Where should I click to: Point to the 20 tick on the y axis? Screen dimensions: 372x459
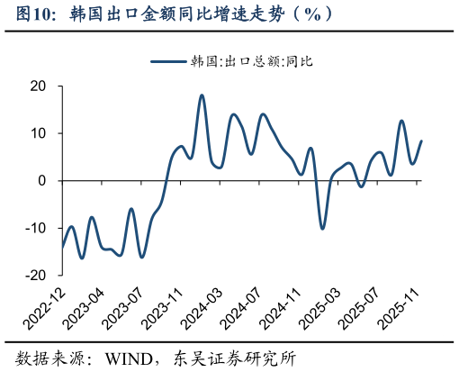click(38, 86)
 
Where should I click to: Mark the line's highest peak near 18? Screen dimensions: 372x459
click(202, 95)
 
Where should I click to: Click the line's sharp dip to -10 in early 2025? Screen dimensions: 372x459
click(321, 228)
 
